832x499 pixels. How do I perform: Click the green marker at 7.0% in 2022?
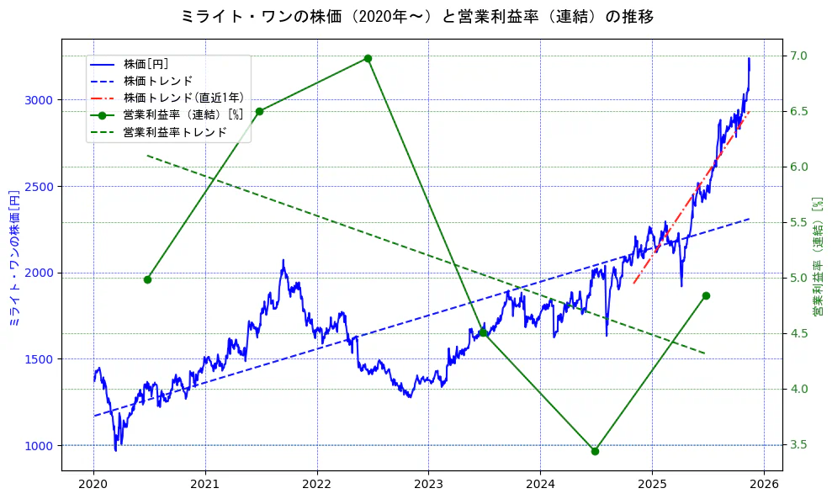(368, 58)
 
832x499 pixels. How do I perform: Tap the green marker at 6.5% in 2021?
(259, 111)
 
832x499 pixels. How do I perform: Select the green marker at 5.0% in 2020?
(147, 279)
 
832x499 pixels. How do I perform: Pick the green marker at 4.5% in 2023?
(483, 333)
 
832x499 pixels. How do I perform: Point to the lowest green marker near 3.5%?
(595, 451)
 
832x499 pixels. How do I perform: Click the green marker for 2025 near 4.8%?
(706, 295)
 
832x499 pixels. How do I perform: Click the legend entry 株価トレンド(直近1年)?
(183, 98)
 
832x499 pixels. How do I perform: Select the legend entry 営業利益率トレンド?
(175, 132)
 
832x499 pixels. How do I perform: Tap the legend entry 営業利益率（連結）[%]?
(183, 114)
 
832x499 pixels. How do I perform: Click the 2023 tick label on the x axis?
(428, 486)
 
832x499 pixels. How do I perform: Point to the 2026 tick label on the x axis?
(763, 486)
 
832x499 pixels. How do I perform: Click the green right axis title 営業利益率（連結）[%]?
(818, 257)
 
